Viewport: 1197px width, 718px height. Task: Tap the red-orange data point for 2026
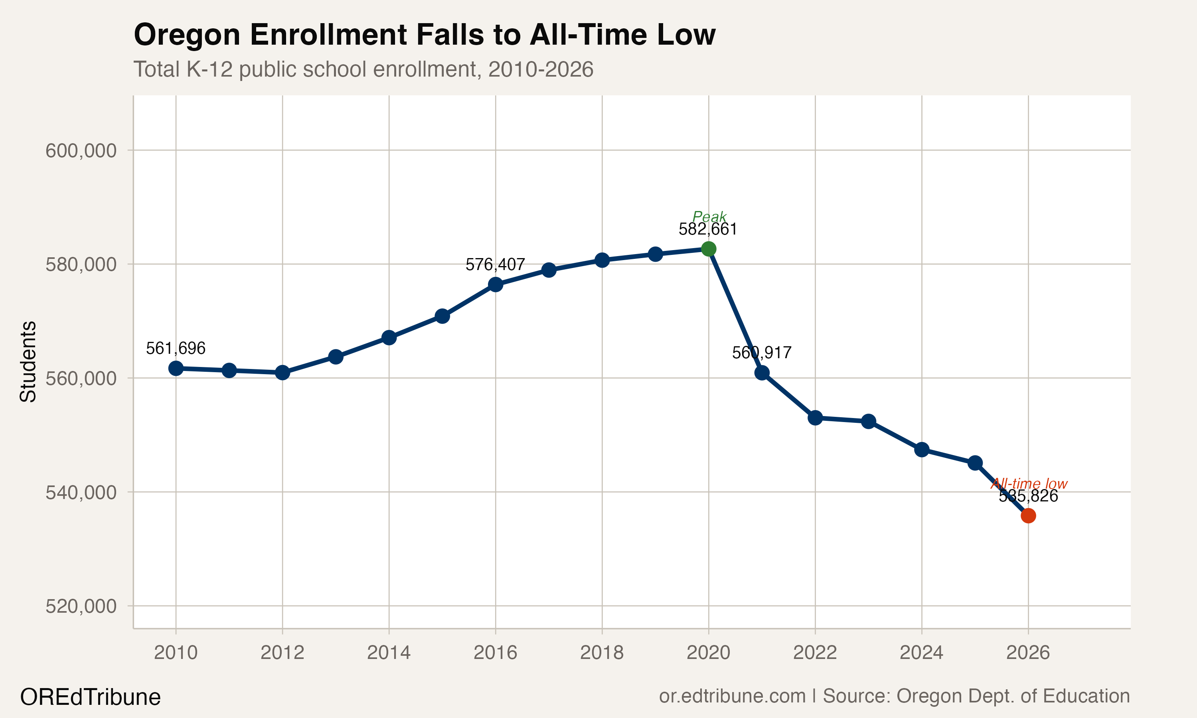point(1028,516)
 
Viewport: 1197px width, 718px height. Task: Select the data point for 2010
point(176,368)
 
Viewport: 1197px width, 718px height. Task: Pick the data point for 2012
point(282,373)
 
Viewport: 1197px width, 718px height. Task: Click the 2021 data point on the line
point(762,373)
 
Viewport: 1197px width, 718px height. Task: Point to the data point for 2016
point(496,284)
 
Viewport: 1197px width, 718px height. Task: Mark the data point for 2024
point(922,450)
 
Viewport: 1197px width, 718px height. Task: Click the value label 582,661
point(708,229)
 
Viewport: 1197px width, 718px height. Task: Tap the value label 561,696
point(176,348)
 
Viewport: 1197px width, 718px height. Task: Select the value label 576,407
point(495,264)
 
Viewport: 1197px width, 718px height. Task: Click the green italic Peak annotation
point(709,216)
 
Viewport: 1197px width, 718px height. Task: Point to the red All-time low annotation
point(1029,484)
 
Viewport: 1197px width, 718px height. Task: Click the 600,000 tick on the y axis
point(81,150)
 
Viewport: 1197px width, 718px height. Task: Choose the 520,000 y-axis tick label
point(81,606)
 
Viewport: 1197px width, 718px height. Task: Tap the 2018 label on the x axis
point(602,653)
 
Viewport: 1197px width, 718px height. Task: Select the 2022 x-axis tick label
point(815,653)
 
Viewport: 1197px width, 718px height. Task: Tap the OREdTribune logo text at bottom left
point(90,697)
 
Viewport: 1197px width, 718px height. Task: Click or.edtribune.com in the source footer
point(732,696)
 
